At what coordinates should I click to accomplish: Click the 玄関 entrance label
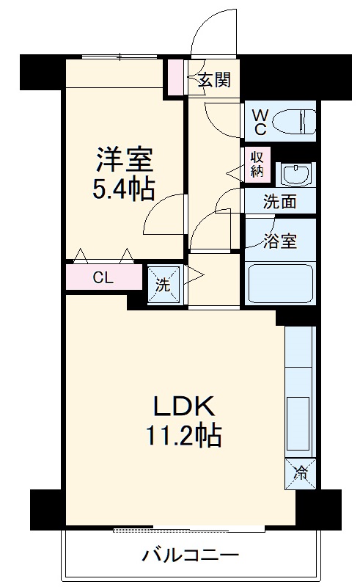click(x=214, y=80)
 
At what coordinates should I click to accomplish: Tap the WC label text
click(x=260, y=122)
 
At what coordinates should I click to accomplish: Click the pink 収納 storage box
click(x=257, y=166)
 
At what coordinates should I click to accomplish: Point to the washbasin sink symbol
click(x=297, y=175)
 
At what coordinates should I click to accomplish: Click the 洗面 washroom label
click(x=279, y=201)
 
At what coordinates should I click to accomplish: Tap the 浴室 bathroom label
click(x=279, y=240)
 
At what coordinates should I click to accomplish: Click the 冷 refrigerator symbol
click(x=300, y=472)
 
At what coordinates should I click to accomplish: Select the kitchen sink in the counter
click(x=300, y=418)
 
